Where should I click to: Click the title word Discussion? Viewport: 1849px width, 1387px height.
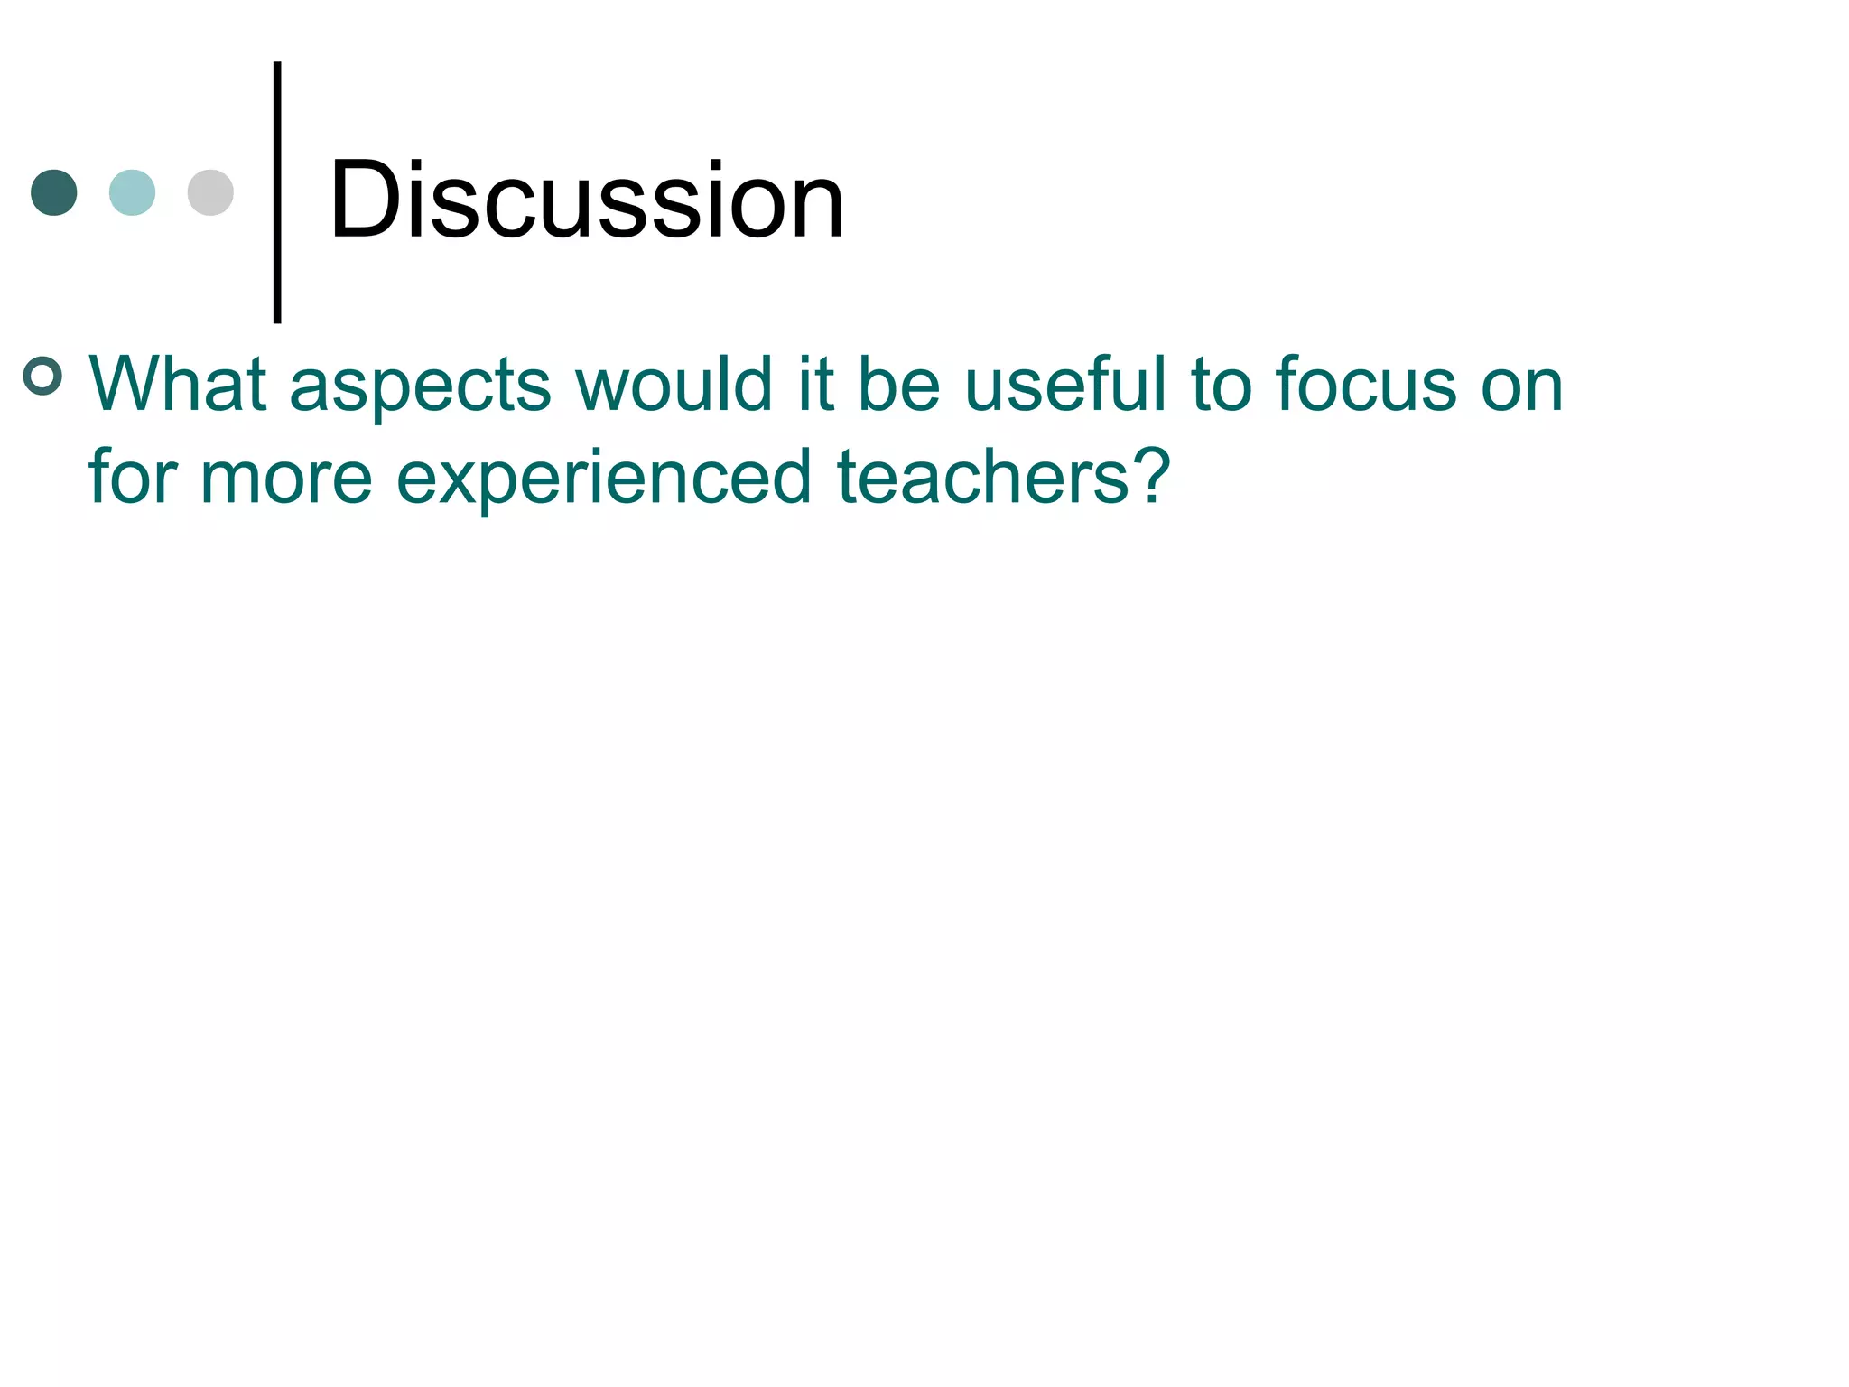coord(587,200)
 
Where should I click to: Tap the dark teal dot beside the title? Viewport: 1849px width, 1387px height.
coord(54,192)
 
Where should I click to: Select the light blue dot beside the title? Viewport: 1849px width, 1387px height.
coord(132,192)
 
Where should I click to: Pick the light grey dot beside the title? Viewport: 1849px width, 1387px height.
coord(210,192)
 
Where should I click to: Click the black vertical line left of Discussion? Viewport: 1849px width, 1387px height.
coord(277,192)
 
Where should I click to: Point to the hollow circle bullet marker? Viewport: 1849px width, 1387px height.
coord(42,376)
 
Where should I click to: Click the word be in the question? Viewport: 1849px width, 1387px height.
coord(898,385)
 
